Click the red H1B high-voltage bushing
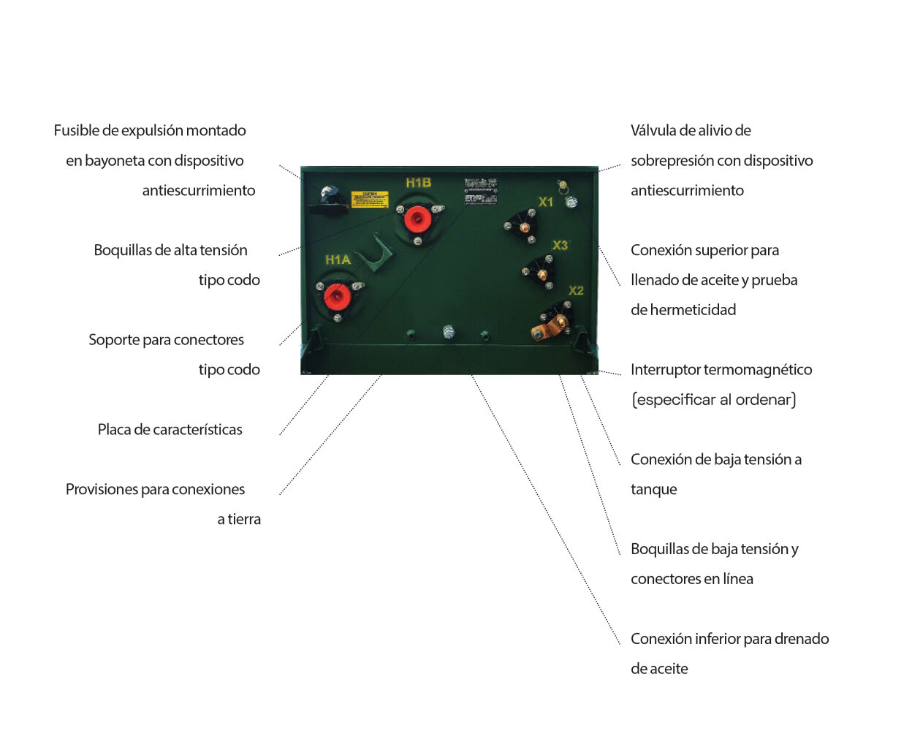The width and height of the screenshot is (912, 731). click(x=417, y=217)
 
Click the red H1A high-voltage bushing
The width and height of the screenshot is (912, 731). click(x=337, y=295)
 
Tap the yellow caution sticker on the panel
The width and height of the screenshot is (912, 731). click(x=369, y=199)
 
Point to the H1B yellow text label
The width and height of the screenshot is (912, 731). click(x=419, y=183)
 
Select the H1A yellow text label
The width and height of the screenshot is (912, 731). click(x=338, y=260)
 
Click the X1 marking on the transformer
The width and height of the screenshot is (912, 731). click(x=546, y=202)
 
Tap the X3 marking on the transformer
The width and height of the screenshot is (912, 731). click(x=560, y=245)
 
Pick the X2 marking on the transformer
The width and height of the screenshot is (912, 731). click(x=576, y=290)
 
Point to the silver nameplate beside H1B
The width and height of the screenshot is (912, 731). click(x=481, y=190)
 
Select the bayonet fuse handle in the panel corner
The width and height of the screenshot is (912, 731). click(x=329, y=195)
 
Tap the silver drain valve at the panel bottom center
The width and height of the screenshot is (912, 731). click(x=449, y=333)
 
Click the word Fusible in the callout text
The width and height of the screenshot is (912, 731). click(x=76, y=131)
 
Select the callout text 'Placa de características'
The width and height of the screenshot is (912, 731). click(x=170, y=430)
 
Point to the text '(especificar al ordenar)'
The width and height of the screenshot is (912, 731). click(x=713, y=400)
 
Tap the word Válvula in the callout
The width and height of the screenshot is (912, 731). click(x=653, y=131)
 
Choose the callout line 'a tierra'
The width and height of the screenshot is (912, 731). click(x=239, y=520)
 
